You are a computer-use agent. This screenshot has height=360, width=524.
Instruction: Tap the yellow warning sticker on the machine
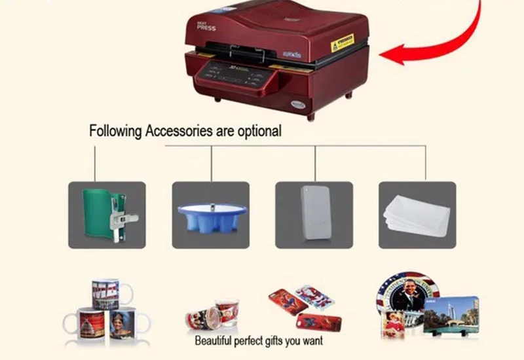pos(341,44)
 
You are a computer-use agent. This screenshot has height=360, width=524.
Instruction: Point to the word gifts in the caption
pos(276,341)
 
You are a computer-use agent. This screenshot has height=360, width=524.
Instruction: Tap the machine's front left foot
pos(217,99)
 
